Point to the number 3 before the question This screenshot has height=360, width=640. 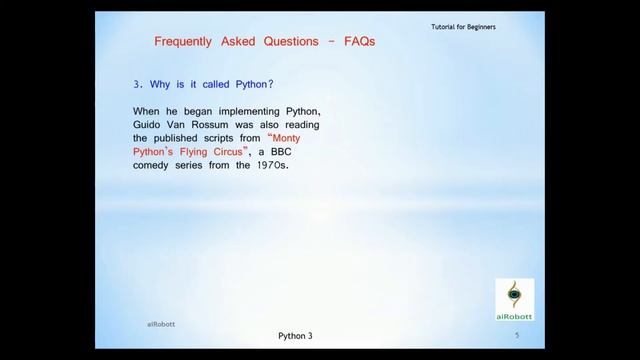136,87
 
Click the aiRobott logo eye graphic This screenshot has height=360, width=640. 515,294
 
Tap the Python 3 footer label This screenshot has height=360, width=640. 296,336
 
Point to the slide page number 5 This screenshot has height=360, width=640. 516,336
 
